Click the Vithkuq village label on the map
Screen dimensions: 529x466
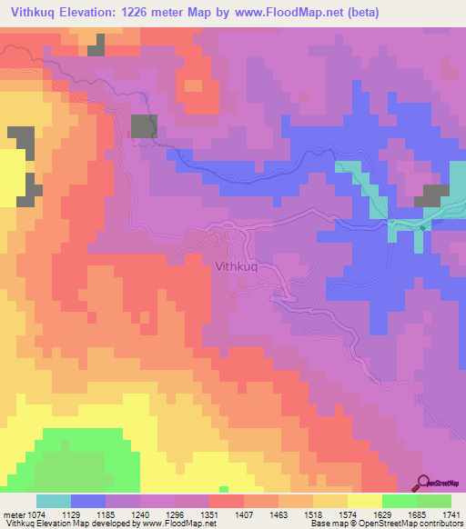click(x=239, y=267)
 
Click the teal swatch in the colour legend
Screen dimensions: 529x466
click(x=54, y=501)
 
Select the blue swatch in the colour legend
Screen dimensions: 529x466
click(x=88, y=501)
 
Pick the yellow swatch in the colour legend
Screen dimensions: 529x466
click(x=364, y=501)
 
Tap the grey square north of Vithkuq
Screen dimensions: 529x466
click(x=144, y=126)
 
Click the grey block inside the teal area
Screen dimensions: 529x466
click(x=433, y=195)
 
